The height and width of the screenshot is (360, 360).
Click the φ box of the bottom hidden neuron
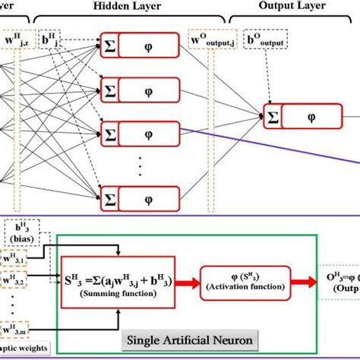(148, 191)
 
